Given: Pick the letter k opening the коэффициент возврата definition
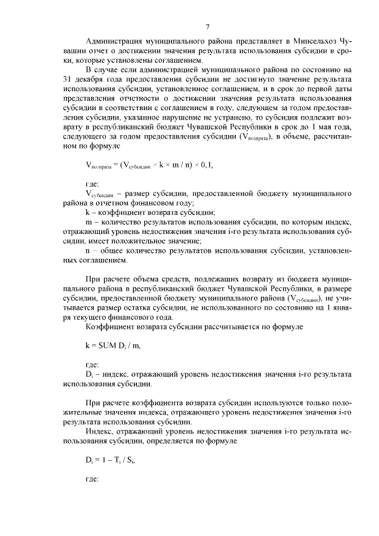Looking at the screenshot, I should [87, 212].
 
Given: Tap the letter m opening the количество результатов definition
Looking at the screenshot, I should [88, 222].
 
